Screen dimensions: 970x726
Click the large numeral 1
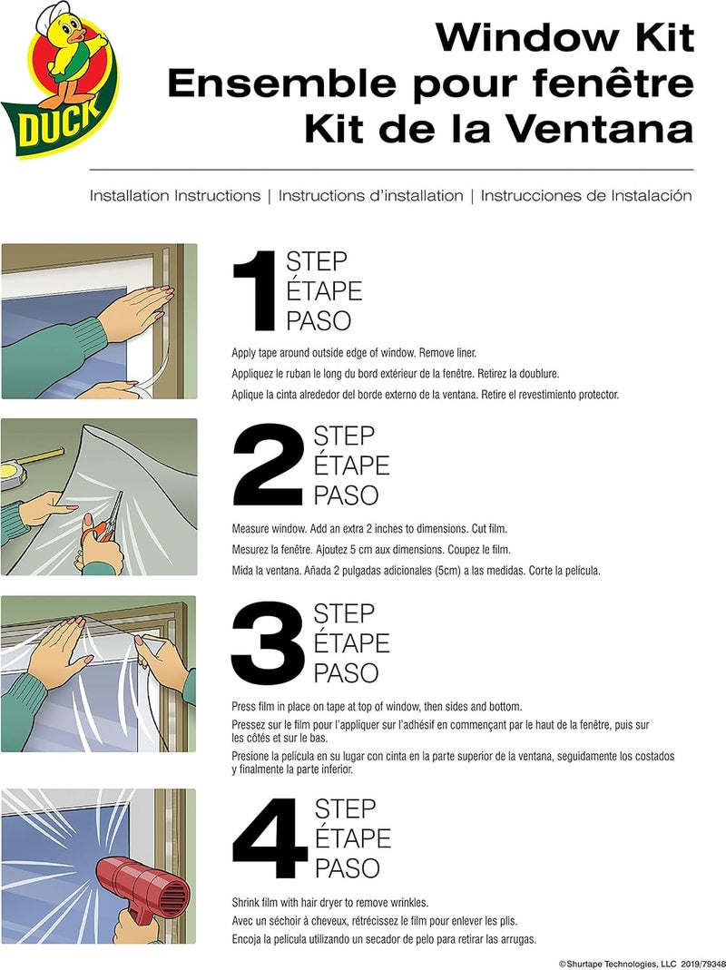click(x=254, y=292)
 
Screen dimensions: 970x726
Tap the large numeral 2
click(x=269, y=465)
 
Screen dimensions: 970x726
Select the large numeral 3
click(x=269, y=643)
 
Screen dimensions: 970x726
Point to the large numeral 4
click(x=270, y=838)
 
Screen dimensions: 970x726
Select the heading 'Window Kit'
click(x=564, y=37)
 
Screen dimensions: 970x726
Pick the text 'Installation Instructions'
click(x=175, y=195)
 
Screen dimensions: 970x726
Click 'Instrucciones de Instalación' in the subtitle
click(x=586, y=195)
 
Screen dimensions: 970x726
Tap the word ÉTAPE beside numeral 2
click(x=351, y=465)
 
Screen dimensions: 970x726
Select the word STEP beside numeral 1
click(x=317, y=262)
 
